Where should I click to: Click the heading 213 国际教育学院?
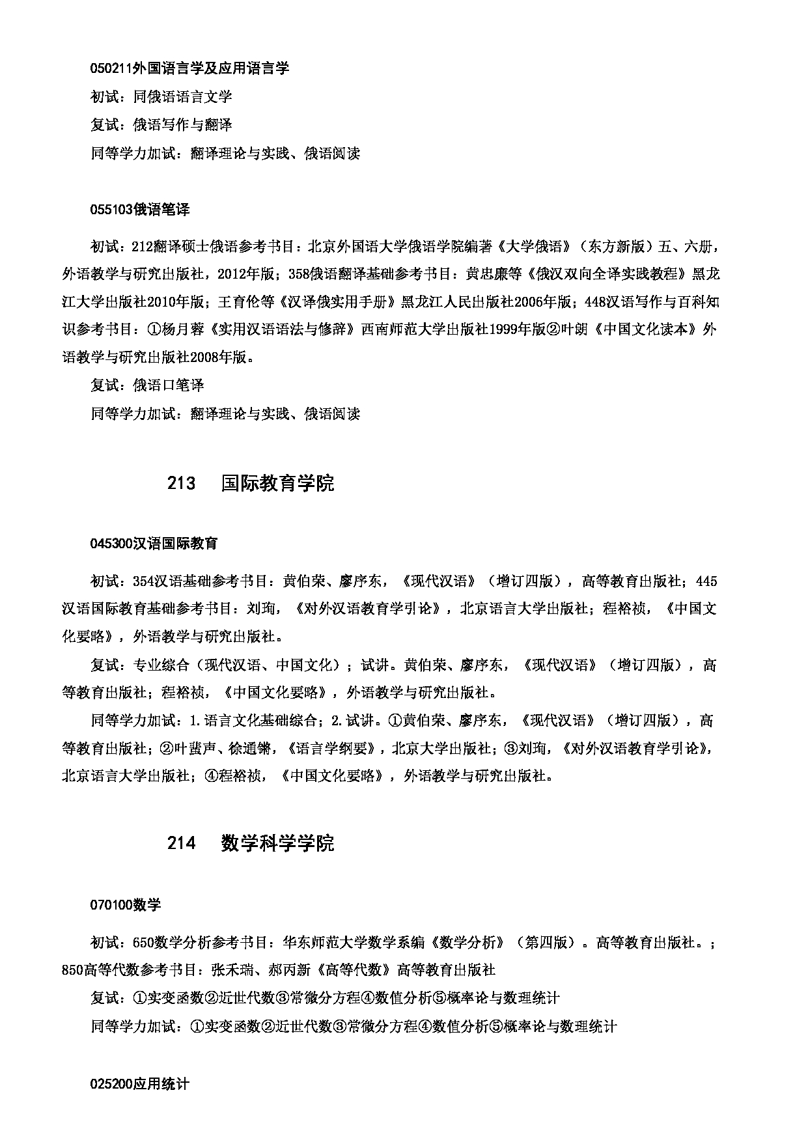pyautogui.click(x=251, y=484)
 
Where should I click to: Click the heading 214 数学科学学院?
pyautogui.click(x=251, y=843)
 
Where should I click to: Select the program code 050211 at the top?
pyautogui.click(x=111, y=68)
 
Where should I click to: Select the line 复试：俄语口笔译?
pyautogui.click(x=147, y=385)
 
